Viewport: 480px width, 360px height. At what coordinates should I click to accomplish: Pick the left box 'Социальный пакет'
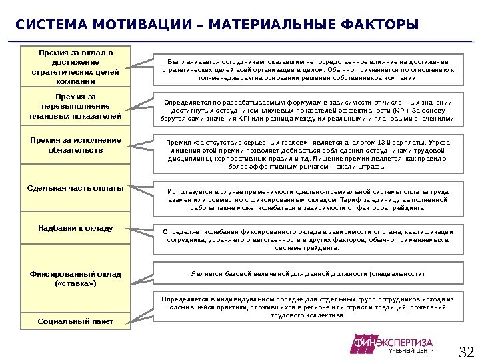pyautogui.click(x=75, y=321)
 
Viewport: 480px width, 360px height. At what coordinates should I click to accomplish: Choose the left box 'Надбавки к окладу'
pyautogui.click(x=75, y=228)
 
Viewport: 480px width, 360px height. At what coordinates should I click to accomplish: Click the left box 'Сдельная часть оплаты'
pyautogui.click(x=75, y=188)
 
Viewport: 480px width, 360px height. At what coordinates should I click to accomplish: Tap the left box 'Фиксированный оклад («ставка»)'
pyautogui.click(x=75, y=279)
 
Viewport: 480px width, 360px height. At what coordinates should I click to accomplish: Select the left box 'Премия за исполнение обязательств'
pyautogui.click(x=75, y=145)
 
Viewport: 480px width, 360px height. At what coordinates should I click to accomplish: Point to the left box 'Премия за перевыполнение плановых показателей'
pyautogui.click(x=75, y=107)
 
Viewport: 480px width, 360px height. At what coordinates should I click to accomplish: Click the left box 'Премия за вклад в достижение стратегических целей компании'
pyautogui.click(x=75, y=67)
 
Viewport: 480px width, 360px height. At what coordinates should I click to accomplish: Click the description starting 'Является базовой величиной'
pyautogui.click(x=307, y=274)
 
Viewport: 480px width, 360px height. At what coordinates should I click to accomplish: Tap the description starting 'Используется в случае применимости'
pyautogui.click(x=307, y=199)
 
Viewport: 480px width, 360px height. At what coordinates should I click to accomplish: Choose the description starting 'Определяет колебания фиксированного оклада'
pyautogui.click(x=307, y=239)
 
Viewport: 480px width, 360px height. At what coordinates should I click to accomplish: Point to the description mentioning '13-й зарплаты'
pyautogui.click(x=307, y=155)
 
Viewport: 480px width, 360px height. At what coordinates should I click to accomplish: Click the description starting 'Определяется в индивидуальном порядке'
pyautogui.click(x=307, y=307)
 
